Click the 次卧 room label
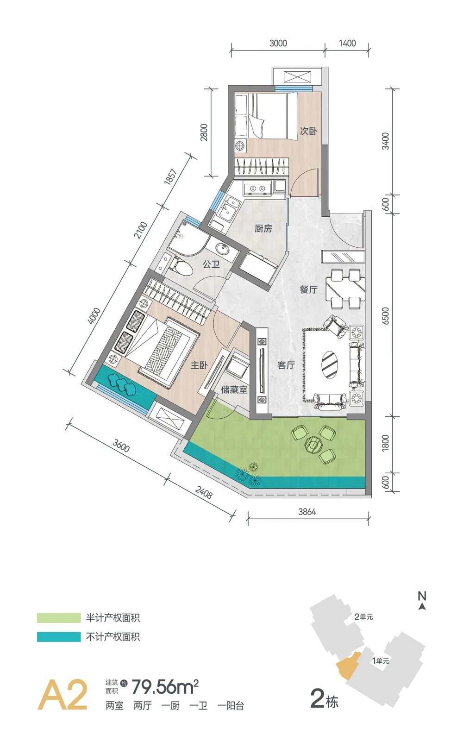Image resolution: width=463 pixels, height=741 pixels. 308,131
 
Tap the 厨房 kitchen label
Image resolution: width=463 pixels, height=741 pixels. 263,228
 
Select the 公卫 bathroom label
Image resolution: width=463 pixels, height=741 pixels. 212,264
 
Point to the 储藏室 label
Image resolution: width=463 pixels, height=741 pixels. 234,389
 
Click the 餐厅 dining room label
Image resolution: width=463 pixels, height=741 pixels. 308,289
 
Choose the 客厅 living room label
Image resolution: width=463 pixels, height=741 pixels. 286,365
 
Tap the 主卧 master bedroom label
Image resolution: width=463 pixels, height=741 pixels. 199,365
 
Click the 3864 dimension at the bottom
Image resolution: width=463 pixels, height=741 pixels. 307,512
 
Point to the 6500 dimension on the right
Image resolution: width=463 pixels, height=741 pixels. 386,315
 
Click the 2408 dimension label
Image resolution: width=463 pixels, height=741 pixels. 204,492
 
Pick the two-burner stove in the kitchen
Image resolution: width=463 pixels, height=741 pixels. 257,188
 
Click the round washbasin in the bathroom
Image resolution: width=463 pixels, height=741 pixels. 221,248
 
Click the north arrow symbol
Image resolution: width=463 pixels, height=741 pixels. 422,606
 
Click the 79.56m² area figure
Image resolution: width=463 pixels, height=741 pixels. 165,687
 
